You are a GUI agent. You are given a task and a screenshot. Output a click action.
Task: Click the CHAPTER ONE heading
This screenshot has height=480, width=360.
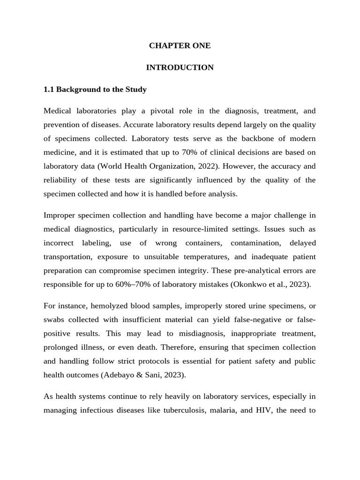(180, 45)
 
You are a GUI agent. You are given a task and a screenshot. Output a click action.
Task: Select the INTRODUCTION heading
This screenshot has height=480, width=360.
(180, 67)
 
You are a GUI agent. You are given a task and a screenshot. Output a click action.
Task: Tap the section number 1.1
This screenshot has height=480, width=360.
(49, 89)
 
